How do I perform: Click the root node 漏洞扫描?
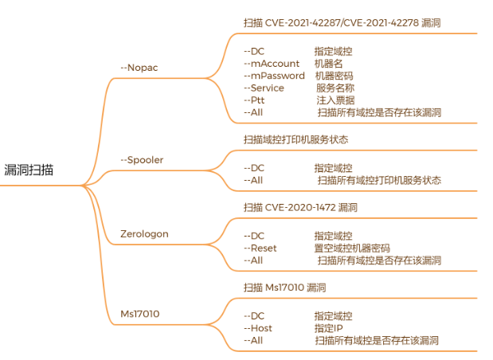tap(30, 170)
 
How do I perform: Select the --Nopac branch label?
tap(139, 67)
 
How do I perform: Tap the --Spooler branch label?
tap(142, 159)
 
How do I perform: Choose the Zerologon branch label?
tap(144, 234)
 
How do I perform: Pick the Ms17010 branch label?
tap(139, 314)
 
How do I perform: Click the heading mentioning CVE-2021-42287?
tap(342, 23)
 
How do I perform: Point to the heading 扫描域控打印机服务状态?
tap(295, 139)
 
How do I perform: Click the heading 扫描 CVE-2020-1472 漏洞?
tap(300, 208)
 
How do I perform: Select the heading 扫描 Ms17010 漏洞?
tap(284, 288)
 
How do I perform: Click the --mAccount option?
tap(271, 64)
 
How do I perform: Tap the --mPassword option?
tap(274, 76)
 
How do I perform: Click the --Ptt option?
tap(254, 100)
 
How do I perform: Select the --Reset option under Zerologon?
tap(260, 248)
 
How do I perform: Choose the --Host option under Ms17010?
tap(258, 328)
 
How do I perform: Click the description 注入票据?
tap(335, 100)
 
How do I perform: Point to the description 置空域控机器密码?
tap(352, 248)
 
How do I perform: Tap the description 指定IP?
tap(328, 328)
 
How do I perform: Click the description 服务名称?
tap(335, 88)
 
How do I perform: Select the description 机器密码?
tap(334, 76)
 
